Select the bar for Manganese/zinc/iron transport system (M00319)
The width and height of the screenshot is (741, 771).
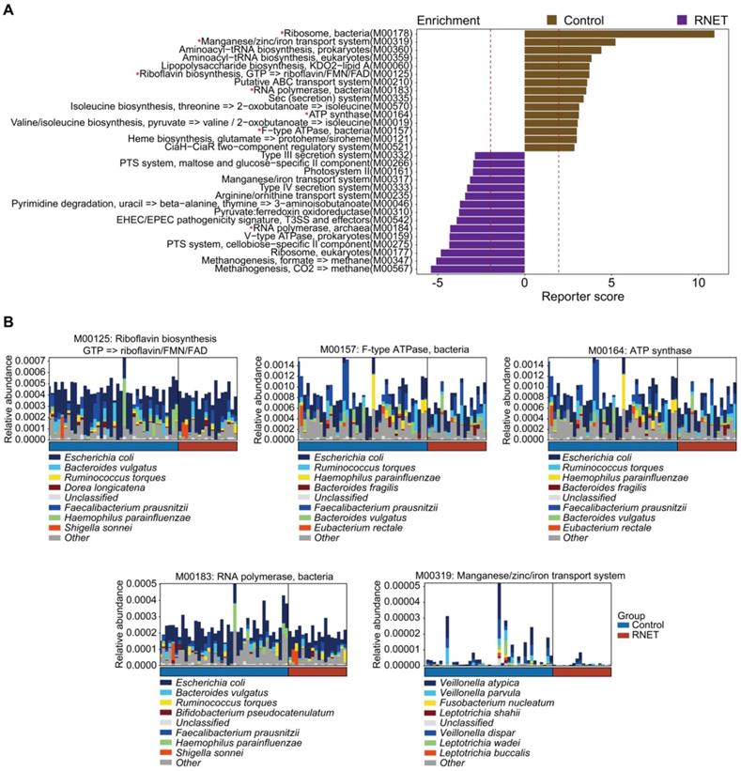[x=569, y=42]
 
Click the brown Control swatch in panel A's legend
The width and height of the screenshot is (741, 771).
[x=552, y=19]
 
